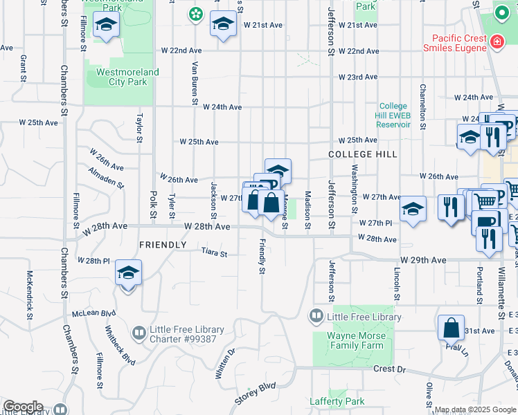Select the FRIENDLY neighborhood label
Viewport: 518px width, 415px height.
[x=163, y=245]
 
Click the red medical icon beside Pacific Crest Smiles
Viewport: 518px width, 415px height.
[x=496, y=43]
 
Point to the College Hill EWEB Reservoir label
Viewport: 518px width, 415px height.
[x=393, y=116]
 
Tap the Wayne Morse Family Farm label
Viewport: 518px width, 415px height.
[x=355, y=341]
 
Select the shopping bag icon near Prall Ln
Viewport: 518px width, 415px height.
[x=451, y=328]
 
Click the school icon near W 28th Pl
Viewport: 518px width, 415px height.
[x=128, y=273]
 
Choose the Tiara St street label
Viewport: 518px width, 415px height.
[x=214, y=254]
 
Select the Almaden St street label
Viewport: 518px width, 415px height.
[x=106, y=176]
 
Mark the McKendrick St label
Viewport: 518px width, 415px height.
[x=30, y=288]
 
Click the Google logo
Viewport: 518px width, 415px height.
[x=23, y=406]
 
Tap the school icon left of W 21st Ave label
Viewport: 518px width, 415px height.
[x=223, y=25]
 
